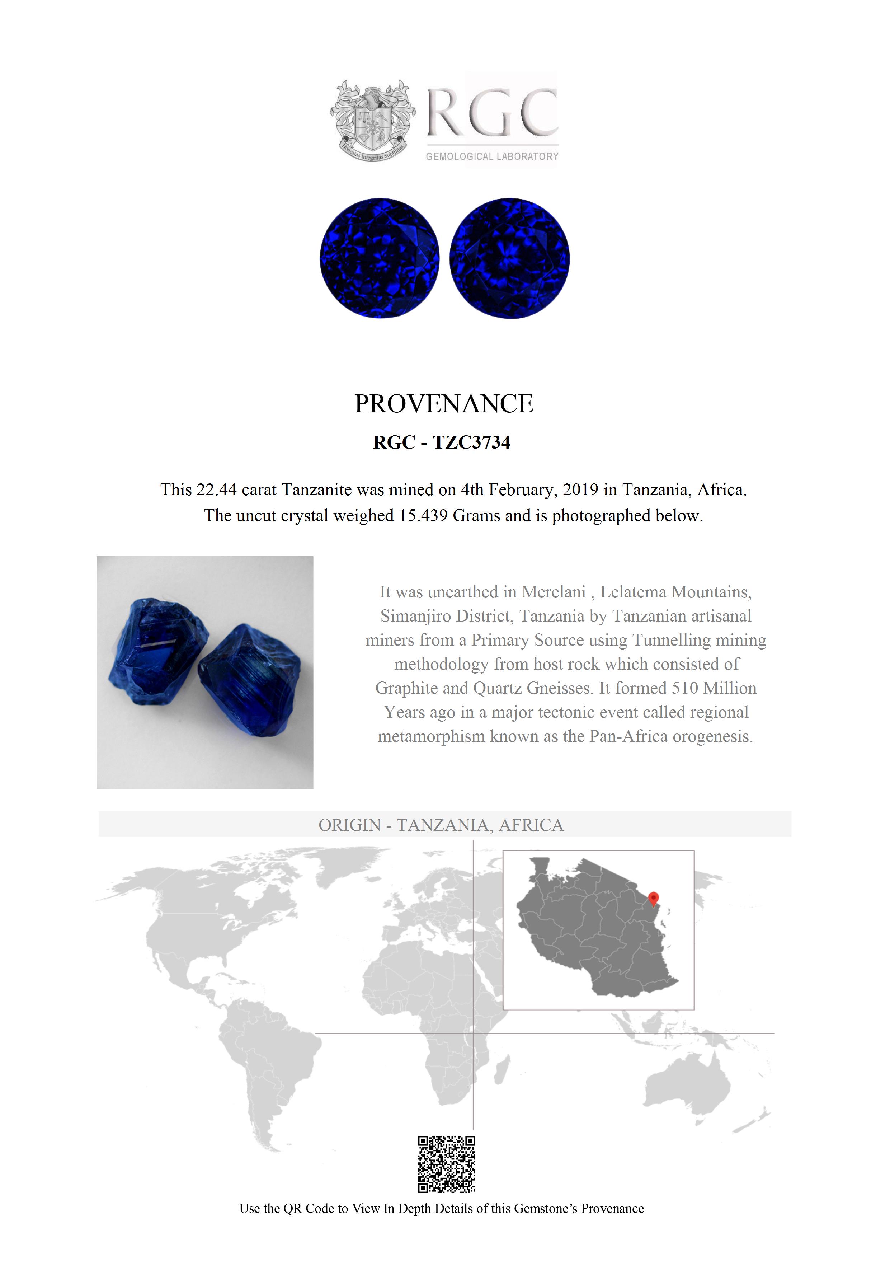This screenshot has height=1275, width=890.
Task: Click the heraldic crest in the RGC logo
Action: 372,121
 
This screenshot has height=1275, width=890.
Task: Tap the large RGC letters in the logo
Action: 492,112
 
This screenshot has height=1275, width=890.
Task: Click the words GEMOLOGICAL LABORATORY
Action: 492,156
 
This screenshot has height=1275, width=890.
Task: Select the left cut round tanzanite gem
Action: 380,258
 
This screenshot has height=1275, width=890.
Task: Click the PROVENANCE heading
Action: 444,404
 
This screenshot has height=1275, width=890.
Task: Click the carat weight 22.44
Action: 217,490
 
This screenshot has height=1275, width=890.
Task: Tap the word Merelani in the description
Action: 554,592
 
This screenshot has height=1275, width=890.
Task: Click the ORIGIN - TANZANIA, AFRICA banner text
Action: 441,825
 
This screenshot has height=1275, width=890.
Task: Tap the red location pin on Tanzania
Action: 654,897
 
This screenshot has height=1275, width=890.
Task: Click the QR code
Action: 446,1164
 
